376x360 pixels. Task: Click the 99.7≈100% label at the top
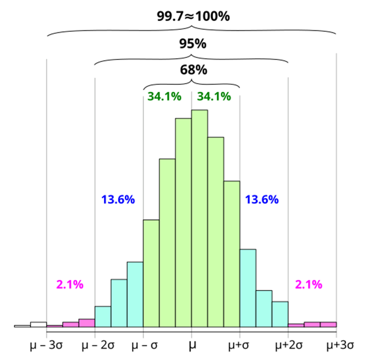[192, 17]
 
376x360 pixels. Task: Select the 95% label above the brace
[192, 44]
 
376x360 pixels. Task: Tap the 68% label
[192, 70]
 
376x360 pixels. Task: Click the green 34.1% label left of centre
[164, 96]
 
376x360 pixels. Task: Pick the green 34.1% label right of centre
[214, 96]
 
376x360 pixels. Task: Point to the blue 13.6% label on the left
[118, 200]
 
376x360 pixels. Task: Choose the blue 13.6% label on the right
[262, 200]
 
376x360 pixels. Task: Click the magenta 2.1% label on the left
[70, 284]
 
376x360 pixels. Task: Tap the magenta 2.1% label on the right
[308, 284]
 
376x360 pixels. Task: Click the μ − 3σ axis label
[46, 346]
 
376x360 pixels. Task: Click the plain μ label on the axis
[192, 346]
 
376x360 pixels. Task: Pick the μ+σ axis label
[239, 346]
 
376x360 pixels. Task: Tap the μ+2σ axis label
[288, 346]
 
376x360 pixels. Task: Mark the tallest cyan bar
[247, 288]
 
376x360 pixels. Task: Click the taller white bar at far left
[39, 324]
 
